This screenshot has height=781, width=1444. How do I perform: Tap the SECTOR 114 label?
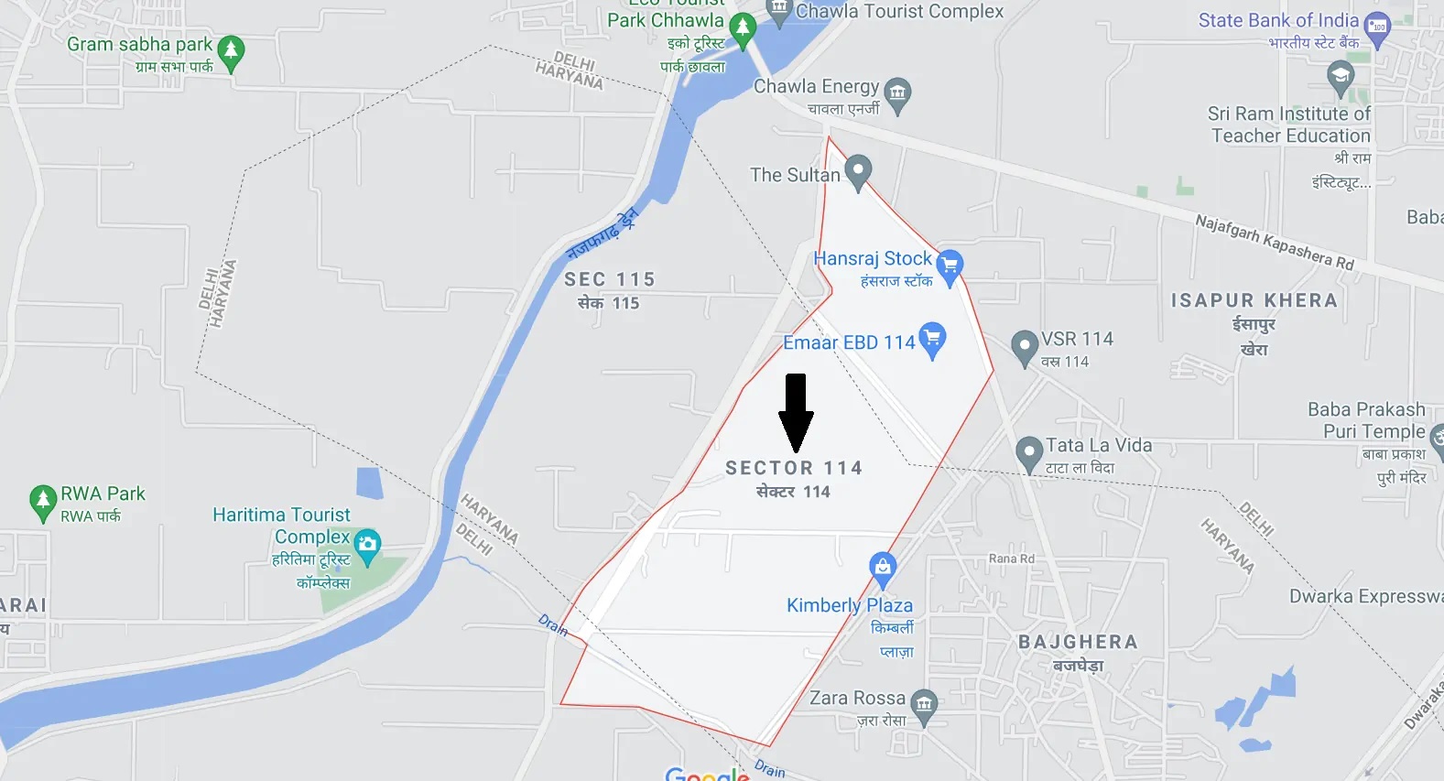(x=794, y=468)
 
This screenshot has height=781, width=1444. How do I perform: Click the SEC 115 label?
(x=609, y=279)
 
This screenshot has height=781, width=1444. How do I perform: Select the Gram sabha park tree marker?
(x=231, y=52)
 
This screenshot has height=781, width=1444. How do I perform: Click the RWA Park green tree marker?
(x=42, y=501)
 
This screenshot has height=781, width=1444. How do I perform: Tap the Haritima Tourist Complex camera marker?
(x=367, y=545)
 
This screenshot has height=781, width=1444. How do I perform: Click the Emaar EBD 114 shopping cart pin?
(x=932, y=338)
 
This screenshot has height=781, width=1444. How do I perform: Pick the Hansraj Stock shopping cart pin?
(x=950, y=266)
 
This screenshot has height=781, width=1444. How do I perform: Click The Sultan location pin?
(x=857, y=171)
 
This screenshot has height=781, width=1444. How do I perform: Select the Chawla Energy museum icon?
(x=897, y=93)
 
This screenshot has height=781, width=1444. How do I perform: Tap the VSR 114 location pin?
(x=1024, y=347)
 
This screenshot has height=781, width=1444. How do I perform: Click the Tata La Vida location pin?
(x=1029, y=452)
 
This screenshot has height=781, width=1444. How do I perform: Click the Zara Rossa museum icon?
(x=924, y=705)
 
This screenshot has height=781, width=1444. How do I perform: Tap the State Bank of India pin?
(x=1377, y=27)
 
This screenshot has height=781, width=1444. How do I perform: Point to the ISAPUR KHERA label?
(x=1254, y=300)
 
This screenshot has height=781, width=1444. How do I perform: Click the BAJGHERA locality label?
(x=1078, y=642)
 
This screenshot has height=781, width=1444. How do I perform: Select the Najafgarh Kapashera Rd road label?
(x=1274, y=241)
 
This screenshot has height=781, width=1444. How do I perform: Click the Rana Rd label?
(x=1012, y=559)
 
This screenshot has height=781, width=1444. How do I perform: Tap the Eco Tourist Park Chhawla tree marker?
(x=743, y=28)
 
